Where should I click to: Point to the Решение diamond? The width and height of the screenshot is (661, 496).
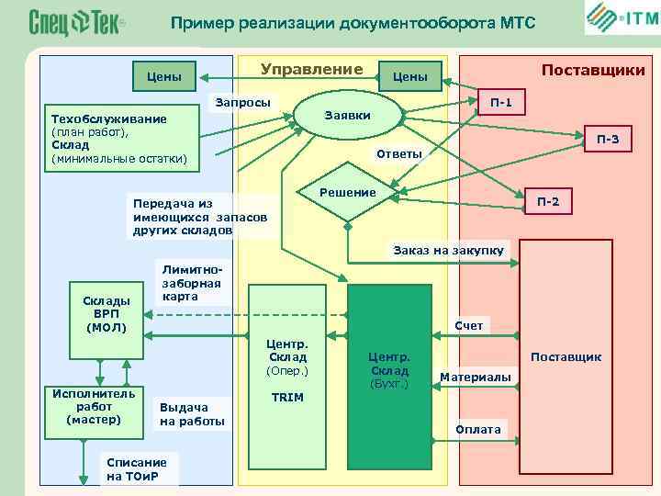(x=348, y=194)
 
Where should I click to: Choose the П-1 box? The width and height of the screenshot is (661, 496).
(x=501, y=102)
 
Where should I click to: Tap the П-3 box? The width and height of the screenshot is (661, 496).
(x=608, y=140)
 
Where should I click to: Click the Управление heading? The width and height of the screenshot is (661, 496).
(x=312, y=70)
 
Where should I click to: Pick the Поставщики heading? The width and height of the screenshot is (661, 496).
(x=593, y=70)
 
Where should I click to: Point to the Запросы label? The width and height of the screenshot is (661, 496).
(x=242, y=102)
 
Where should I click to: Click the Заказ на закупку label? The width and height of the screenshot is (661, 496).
(x=449, y=250)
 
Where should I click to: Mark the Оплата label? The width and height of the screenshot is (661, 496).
(x=478, y=429)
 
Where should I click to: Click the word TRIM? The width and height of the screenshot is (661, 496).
(x=287, y=397)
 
